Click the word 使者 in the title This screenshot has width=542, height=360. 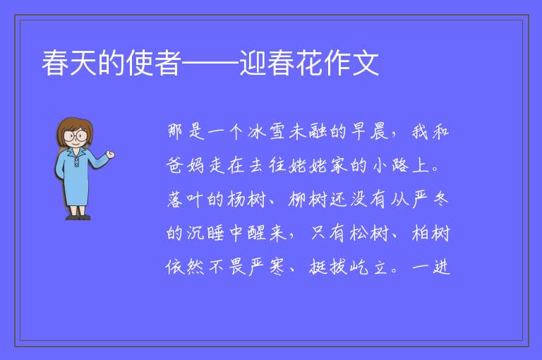(153, 63)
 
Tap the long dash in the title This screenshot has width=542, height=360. (210, 63)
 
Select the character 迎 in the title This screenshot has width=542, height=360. (253, 63)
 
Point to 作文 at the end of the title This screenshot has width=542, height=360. (351, 63)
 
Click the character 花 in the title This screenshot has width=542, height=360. (308, 63)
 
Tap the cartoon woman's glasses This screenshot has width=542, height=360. (76, 135)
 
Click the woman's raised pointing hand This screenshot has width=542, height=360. (110, 155)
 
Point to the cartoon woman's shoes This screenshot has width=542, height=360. (78, 217)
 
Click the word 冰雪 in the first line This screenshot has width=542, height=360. (266, 131)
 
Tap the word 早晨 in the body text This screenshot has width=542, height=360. (370, 131)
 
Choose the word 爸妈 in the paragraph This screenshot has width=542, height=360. (186, 165)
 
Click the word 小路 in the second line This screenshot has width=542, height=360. (390, 165)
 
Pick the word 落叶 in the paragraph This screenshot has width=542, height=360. (186, 199)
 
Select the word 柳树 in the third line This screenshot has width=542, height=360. (308, 199)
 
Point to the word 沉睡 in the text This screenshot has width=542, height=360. (205, 233)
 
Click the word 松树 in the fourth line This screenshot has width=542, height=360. (369, 233)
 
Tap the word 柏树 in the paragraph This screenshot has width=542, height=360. (430, 233)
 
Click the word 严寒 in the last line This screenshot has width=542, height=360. (267, 267)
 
